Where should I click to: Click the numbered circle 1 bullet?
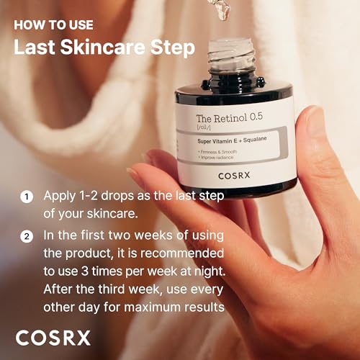click(x=26, y=196)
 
